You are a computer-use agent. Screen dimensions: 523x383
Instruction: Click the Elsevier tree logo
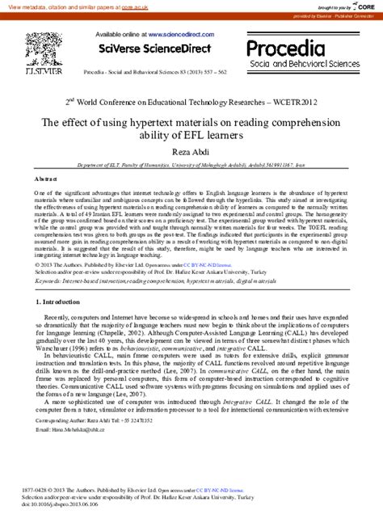[x=43, y=50]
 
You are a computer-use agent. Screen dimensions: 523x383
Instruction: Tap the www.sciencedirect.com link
[x=178, y=36]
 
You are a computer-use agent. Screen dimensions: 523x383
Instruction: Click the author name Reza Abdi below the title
[x=191, y=150]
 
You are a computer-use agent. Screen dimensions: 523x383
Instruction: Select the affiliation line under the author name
[x=191, y=162]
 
